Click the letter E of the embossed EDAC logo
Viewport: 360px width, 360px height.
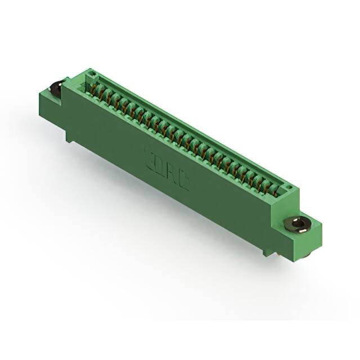[150, 155]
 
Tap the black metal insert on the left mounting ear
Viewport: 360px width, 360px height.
[56, 89]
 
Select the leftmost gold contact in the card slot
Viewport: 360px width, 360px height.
[93, 88]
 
